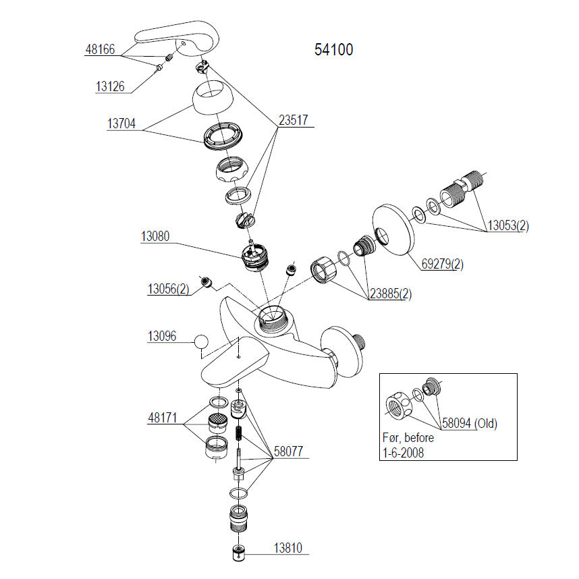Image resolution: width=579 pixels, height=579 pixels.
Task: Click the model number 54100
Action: click(x=333, y=50)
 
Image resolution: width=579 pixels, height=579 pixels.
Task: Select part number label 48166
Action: click(x=100, y=50)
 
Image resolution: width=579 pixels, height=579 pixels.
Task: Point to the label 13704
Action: click(x=121, y=124)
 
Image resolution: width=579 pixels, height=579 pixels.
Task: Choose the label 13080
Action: click(x=155, y=237)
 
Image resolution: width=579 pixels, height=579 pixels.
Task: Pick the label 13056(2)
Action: click(x=168, y=289)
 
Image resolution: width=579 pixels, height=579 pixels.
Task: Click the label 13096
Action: click(x=161, y=335)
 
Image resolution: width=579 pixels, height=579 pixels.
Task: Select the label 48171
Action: click(x=163, y=418)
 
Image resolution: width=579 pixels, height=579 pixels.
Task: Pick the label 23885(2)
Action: click(x=389, y=294)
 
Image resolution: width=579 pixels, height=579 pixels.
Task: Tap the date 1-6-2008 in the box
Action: click(x=404, y=453)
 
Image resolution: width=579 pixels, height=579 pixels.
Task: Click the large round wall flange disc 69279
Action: click(x=392, y=229)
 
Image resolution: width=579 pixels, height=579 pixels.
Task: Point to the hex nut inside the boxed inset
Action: click(x=400, y=406)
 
